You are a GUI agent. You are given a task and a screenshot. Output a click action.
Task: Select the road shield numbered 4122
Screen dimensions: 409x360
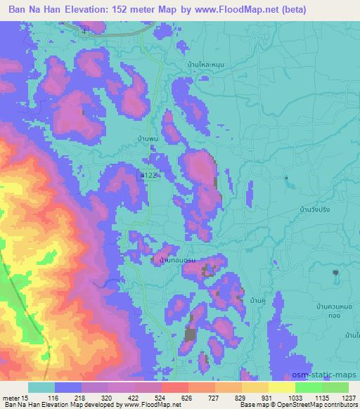[x=148, y=174]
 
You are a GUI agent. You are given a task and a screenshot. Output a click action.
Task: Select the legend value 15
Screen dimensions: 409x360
[x=29, y=398]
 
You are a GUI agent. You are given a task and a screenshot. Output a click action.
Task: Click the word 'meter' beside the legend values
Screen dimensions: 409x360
[x=12, y=398]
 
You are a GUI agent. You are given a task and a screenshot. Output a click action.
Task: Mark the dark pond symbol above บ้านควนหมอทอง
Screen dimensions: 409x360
[x=336, y=272]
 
